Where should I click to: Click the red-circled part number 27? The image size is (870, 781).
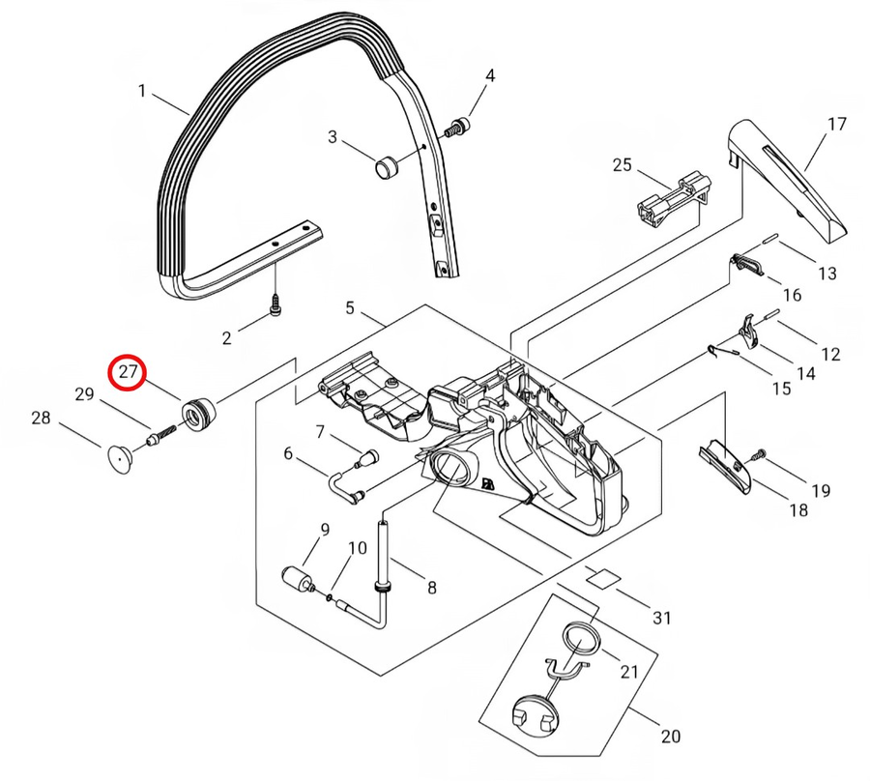(128, 373)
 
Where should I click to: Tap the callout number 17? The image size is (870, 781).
(836, 124)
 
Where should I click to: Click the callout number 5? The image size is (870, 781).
(350, 309)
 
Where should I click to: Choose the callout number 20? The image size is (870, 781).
(669, 737)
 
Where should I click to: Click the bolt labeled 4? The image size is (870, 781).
(457, 126)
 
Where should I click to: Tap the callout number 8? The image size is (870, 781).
(431, 587)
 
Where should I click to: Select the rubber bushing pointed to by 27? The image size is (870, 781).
(198, 414)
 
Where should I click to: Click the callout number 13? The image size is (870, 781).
(826, 274)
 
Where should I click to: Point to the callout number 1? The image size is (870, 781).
(142, 93)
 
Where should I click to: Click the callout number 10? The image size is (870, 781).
(357, 548)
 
